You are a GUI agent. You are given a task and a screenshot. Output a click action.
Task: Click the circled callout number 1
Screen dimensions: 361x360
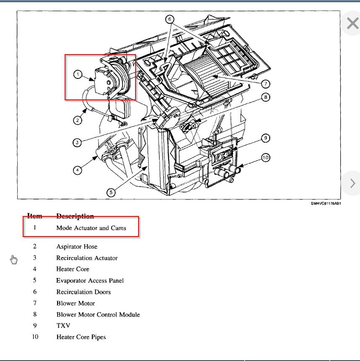tap(78, 74)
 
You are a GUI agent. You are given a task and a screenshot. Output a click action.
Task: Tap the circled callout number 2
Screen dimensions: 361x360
tap(78, 120)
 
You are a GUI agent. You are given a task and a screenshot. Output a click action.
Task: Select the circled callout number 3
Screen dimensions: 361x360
tap(77, 143)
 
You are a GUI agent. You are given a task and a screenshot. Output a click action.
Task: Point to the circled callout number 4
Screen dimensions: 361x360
tap(78, 170)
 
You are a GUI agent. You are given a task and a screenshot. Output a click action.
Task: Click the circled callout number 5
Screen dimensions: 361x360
tap(111, 192)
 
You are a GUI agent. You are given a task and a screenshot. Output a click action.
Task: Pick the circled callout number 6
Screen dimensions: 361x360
tap(169, 19)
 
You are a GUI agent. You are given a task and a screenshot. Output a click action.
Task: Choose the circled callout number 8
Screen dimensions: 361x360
tap(265, 97)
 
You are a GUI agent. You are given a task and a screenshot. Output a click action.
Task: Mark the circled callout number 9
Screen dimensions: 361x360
tap(265, 138)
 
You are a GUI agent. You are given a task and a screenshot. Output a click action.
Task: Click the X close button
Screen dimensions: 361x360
tap(352, 23)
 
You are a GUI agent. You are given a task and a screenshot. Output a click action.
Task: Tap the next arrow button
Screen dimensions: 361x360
tap(352, 183)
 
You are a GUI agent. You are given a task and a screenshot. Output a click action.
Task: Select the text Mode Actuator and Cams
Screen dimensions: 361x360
tap(91, 228)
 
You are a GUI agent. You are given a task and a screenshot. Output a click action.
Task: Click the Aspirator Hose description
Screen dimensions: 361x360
tap(77, 247)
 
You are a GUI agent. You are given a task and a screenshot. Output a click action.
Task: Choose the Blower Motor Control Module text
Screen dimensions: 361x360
tap(98, 314)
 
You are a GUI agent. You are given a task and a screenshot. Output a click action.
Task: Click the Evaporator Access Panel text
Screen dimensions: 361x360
tap(90, 280)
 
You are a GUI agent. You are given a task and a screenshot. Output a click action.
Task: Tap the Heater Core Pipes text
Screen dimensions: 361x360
tap(81, 337)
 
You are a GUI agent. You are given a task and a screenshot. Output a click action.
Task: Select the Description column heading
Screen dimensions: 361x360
tap(75, 216)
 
